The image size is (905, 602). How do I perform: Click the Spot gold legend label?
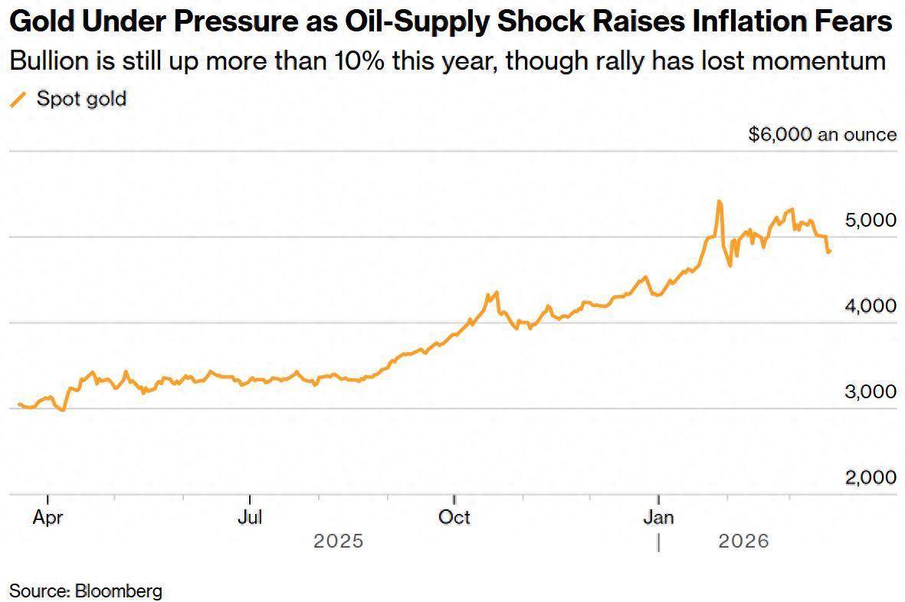point(81,99)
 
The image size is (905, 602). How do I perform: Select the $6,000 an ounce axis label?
point(822,135)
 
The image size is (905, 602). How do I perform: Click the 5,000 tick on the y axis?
point(870,220)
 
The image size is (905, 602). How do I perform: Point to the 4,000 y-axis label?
point(870,306)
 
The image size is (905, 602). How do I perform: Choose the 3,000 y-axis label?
point(870,391)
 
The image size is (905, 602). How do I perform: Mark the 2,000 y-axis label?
point(870,477)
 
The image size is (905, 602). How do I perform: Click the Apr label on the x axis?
point(48,517)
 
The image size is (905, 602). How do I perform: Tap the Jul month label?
point(250,517)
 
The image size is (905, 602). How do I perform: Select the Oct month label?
point(454,517)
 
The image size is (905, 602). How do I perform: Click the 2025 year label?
point(338,541)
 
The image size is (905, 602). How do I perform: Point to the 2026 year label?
point(743,541)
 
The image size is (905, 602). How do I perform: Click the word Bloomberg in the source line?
point(118,591)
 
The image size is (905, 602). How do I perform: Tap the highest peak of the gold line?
point(719,201)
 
